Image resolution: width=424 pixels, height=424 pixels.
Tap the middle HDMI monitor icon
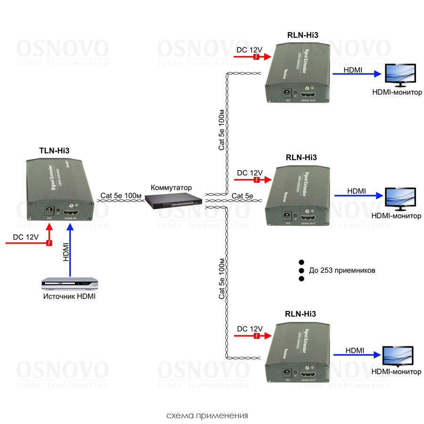click(x=400, y=199)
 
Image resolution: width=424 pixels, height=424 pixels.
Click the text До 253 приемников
click(x=342, y=271)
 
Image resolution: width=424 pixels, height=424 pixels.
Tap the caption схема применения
click(x=207, y=416)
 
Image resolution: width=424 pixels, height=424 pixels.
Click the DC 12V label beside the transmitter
click(x=25, y=237)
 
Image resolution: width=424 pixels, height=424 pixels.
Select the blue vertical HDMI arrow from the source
click(x=70, y=250)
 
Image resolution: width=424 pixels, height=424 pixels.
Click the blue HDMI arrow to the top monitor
click(x=356, y=74)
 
